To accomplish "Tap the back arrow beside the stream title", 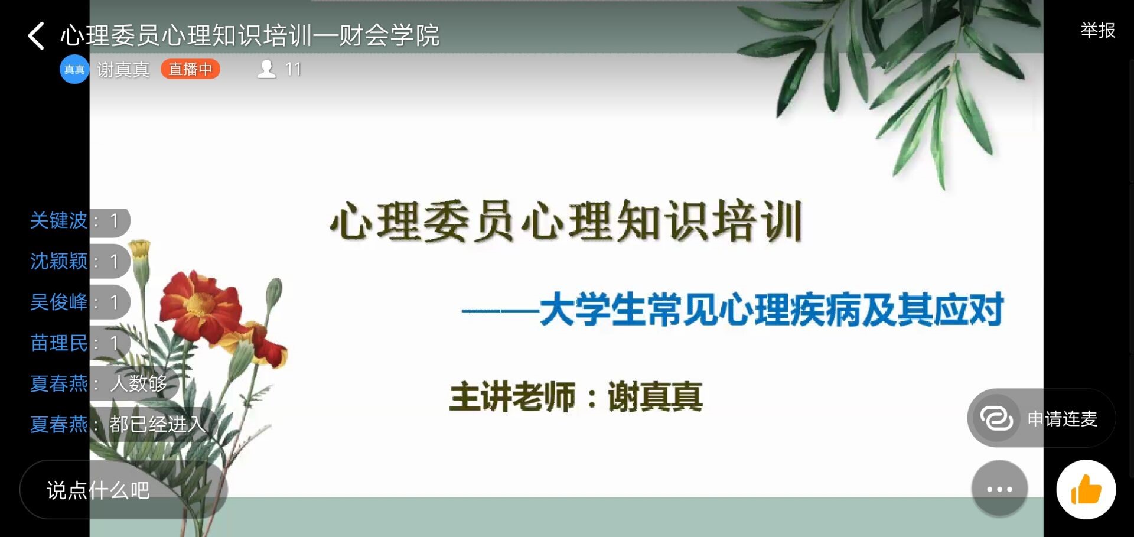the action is [x=36, y=35].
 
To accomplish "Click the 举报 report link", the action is [x=1097, y=30].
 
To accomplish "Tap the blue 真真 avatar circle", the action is [x=74, y=70].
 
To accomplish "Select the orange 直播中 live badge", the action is [x=190, y=69].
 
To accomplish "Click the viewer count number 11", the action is [x=293, y=69].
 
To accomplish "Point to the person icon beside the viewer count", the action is [x=267, y=69].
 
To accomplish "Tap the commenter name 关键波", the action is [x=58, y=220].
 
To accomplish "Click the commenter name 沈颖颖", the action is [x=58, y=261].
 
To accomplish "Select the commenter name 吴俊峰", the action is [x=58, y=302].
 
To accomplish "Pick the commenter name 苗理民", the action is [x=58, y=343].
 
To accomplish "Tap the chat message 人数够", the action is [x=139, y=383].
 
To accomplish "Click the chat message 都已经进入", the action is [x=158, y=424].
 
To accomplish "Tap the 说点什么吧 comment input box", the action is [x=123, y=490].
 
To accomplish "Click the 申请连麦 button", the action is [x=1041, y=418].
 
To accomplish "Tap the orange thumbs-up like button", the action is [x=1086, y=489].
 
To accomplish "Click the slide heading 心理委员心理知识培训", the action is [x=566, y=222].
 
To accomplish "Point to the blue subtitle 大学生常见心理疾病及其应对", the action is [x=771, y=310].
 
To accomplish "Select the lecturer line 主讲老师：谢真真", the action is [x=576, y=396].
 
